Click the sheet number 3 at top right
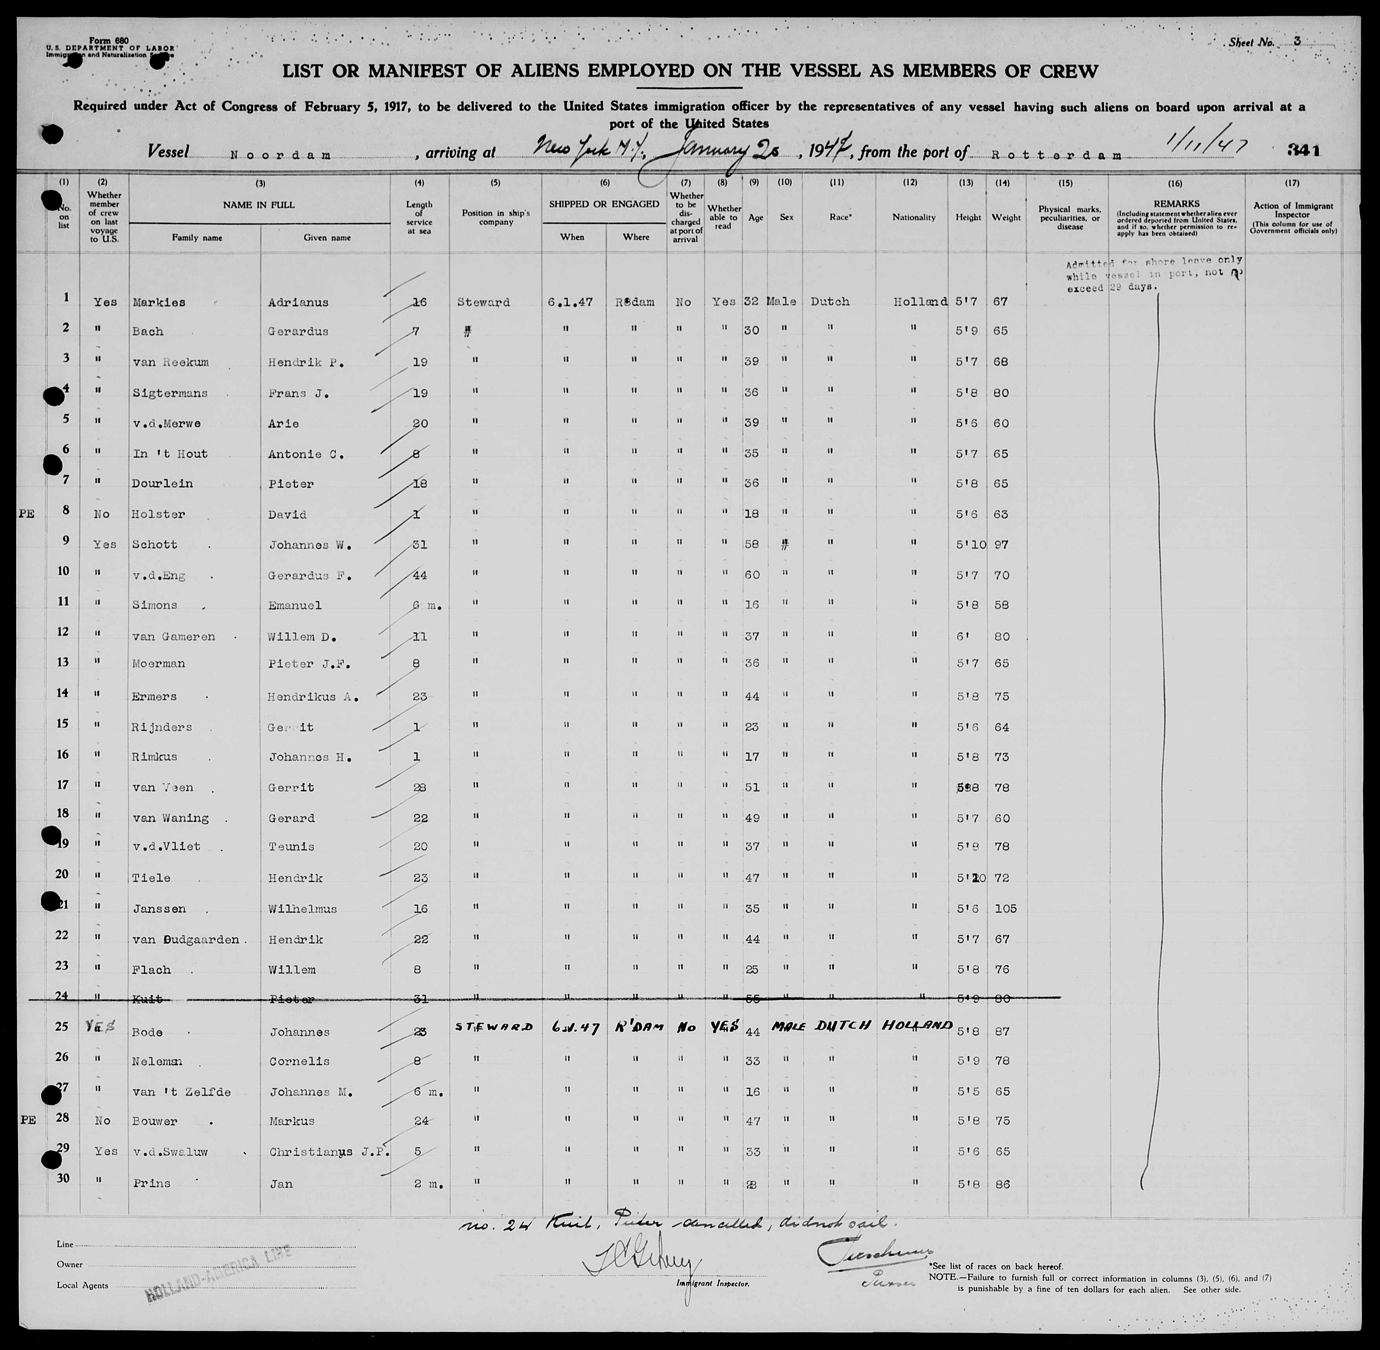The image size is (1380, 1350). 1296,42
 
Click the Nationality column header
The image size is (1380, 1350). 913,218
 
